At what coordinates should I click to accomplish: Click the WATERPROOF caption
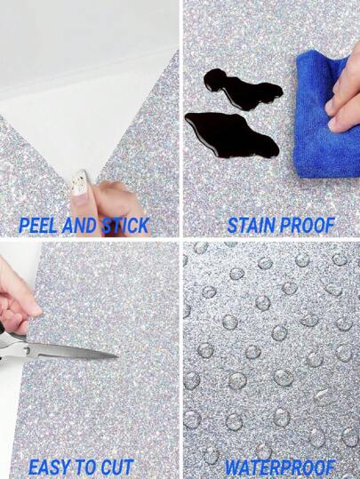pos(279,467)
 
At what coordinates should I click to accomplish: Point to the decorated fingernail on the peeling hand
pos(79,184)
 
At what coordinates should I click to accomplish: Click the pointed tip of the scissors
pos(116,355)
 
